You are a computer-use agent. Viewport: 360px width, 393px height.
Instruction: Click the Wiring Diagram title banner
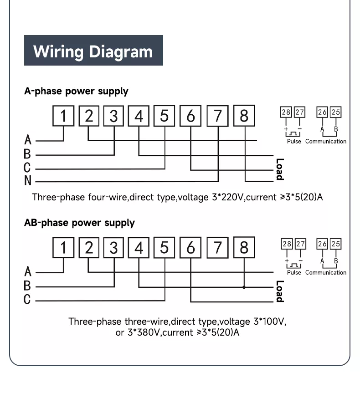tap(93, 51)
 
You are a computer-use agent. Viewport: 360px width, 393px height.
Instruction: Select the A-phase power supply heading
tap(76, 91)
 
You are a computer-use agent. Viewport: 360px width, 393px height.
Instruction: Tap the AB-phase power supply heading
tap(79, 223)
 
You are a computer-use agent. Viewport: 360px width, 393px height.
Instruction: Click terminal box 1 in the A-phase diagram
tap(63, 116)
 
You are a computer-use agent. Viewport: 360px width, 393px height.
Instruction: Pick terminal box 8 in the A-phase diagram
tap(244, 116)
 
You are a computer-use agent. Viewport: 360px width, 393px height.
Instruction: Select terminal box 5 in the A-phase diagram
tap(164, 116)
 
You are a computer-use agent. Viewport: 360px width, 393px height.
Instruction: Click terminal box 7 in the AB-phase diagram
tap(218, 248)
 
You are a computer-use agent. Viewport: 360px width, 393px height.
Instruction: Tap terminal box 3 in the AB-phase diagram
tap(113, 248)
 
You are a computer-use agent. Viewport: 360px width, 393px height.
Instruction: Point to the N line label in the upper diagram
tap(28, 181)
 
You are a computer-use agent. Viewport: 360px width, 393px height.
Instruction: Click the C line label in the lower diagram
tap(27, 300)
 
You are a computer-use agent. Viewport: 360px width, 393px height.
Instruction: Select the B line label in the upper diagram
tap(27, 154)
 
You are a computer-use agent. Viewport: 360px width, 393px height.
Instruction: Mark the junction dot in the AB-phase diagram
tap(244, 287)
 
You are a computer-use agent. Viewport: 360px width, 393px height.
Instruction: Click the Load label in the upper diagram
tap(279, 169)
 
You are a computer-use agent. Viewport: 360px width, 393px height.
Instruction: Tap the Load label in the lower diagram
tap(279, 291)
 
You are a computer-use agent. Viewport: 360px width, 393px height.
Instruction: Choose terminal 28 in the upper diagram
tap(286, 112)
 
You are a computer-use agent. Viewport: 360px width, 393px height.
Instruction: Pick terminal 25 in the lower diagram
tap(335, 244)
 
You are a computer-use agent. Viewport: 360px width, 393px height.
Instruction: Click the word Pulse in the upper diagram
tap(294, 142)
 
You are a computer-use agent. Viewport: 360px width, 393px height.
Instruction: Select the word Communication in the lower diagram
tap(326, 273)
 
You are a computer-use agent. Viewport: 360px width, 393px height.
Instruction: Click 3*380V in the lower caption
tap(143, 332)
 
